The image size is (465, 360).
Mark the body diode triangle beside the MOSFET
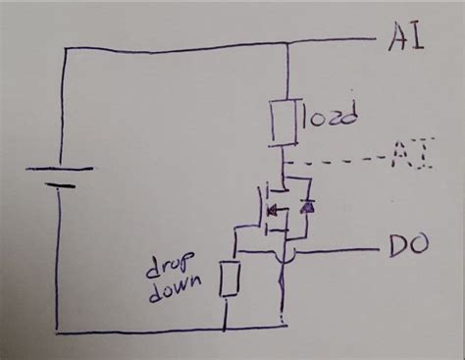308,208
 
